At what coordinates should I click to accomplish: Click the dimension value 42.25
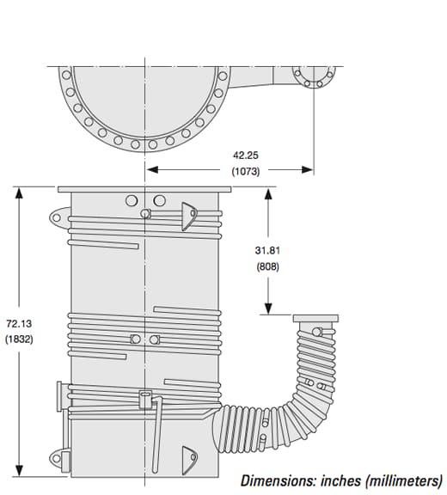pyautogui.click(x=246, y=156)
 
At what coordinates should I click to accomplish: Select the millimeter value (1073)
pyautogui.click(x=246, y=171)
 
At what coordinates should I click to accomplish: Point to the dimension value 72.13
pyautogui.click(x=19, y=324)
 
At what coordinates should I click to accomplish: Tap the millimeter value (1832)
pyautogui.click(x=19, y=339)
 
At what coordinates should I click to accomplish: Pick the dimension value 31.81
pyautogui.click(x=267, y=250)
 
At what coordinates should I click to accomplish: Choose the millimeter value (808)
pyautogui.click(x=267, y=266)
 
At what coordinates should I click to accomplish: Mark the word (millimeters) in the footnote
pyautogui.click(x=404, y=481)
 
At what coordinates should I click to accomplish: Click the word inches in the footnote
pyautogui.click(x=341, y=481)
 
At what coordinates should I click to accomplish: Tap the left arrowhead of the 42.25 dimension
pyautogui.click(x=152, y=170)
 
